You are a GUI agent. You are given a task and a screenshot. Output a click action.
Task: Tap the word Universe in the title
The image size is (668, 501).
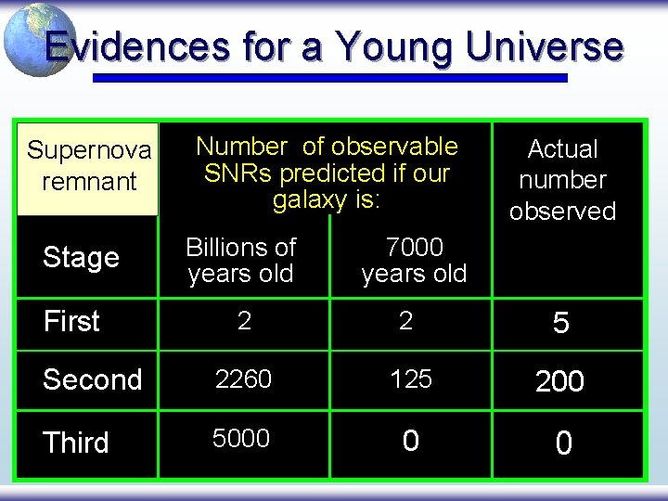pos(548,46)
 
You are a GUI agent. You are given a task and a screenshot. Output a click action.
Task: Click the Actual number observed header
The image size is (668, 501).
pos(562,180)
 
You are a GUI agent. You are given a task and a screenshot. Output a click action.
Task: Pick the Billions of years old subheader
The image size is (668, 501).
pos(240,261)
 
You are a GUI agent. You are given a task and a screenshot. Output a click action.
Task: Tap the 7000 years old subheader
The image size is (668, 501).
pos(414,261)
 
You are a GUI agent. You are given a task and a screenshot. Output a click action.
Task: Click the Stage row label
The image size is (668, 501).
pos(81,257)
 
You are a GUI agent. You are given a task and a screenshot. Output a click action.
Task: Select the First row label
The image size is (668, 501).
pos(71,321)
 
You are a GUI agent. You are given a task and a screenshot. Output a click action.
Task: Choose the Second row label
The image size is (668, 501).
pos(92,379)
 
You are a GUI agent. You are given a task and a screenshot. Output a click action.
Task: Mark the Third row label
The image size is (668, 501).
pos(76,443)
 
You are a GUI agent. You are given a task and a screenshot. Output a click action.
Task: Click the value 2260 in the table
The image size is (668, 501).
pos(243,379)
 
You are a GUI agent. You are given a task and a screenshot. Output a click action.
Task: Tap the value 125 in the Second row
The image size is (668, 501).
pos(410,379)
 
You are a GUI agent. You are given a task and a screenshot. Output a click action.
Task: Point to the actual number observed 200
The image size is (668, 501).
pos(559,381)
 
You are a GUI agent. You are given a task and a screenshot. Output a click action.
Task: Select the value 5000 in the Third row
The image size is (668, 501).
pos(241,438)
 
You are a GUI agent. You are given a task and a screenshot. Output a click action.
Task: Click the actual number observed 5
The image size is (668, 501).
pos(560,323)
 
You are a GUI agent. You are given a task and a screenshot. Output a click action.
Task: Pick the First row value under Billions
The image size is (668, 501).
pos(243,321)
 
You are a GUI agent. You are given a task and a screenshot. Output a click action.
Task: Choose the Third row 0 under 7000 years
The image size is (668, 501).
pos(410,441)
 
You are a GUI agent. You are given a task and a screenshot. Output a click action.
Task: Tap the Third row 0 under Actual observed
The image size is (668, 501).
pos(562,443)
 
